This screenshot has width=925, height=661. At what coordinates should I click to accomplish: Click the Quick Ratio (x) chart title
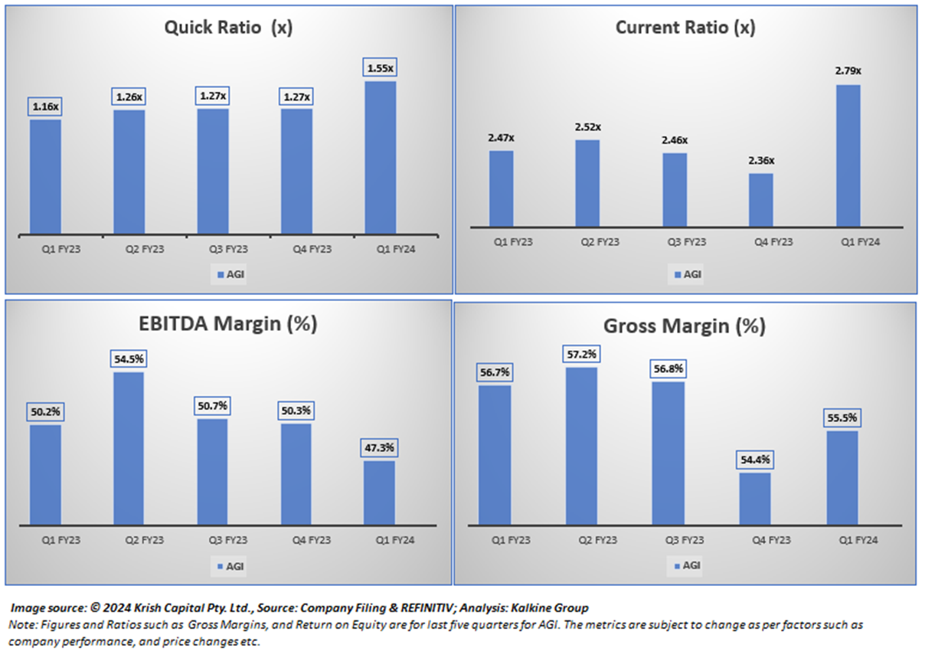(x=228, y=29)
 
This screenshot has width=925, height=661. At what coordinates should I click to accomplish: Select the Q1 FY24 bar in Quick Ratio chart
(x=380, y=157)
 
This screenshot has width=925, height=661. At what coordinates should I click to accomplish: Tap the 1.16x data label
(x=45, y=107)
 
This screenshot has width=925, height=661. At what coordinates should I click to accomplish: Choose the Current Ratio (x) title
(x=685, y=29)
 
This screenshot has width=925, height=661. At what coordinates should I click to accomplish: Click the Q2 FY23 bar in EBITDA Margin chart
(x=128, y=448)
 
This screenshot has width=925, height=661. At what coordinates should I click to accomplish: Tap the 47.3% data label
(x=379, y=448)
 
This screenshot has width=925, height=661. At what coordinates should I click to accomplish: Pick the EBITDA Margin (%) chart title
(x=228, y=324)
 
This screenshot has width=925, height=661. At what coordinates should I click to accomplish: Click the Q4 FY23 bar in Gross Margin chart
(x=755, y=499)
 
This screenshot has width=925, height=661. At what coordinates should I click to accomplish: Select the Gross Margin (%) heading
(x=685, y=326)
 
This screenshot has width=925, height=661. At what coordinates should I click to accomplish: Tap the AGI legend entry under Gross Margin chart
(x=686, y=566)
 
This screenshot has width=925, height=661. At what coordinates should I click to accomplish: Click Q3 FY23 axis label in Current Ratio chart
(x=675, y=242)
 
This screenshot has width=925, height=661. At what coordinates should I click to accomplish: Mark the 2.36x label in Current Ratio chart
(x=760, y=161)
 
